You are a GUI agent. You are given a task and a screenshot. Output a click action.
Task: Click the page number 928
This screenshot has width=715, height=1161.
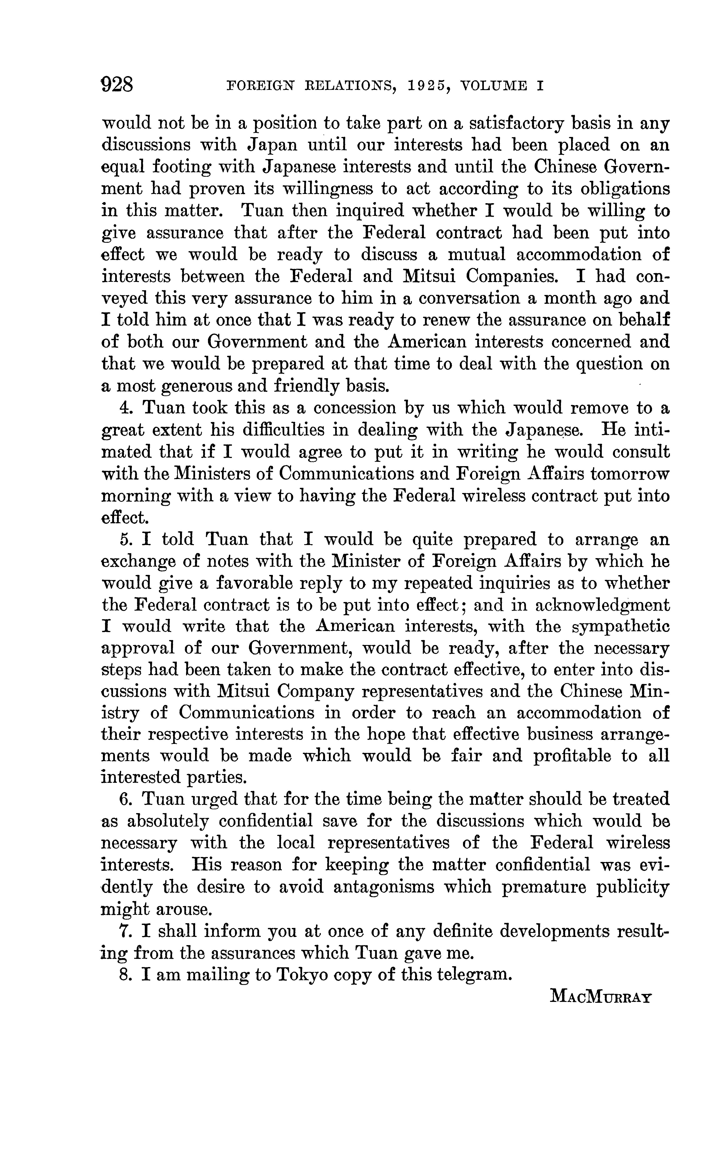(x=118, y=85)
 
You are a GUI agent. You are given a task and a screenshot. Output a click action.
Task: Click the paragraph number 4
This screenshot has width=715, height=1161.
(x=125, y=408)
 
